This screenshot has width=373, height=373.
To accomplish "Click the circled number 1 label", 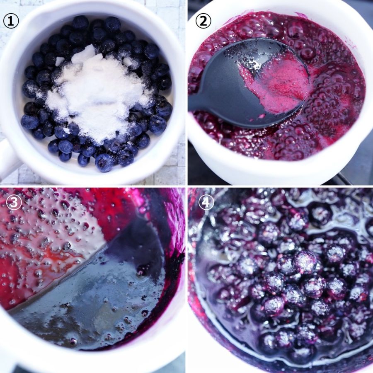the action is pyautogui.click(x=11, y=21).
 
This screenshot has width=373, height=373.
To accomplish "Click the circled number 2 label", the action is pyautogui.click(x=203, y=21).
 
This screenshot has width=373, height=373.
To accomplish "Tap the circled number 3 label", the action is pyautogui.click(x=14, y=202).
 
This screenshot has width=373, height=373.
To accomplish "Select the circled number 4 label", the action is pyautogui.click(x=206, y=202).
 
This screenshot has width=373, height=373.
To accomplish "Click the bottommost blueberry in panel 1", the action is pyautogui.click(x=104, y=162).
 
